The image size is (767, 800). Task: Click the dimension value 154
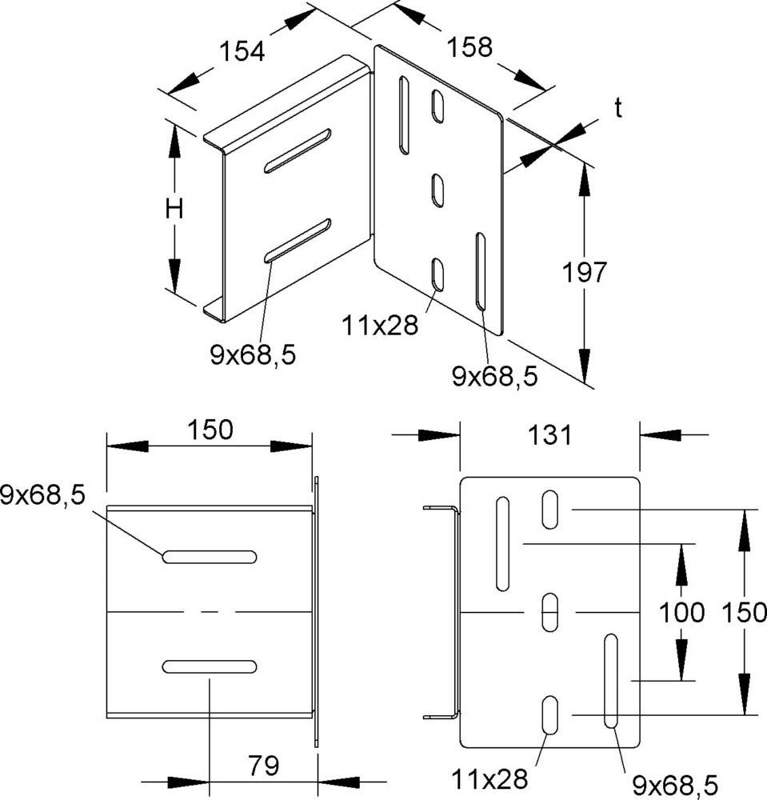point(242,51)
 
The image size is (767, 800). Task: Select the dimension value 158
point(469,47)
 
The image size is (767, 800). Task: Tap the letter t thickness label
point(618,108)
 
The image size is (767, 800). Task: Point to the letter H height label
point(174,209)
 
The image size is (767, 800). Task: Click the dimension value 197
point(585,272)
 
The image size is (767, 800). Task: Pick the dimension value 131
point(549,435)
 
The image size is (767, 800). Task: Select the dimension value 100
point(682,612)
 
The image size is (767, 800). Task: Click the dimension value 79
point(264,766)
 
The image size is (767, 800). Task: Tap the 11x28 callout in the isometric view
point(379,326)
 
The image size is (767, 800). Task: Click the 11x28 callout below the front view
point(489,779)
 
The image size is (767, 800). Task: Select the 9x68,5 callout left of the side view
point(43,495)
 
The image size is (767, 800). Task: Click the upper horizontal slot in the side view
point(210,557)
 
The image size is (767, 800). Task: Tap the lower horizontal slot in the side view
point(210,666)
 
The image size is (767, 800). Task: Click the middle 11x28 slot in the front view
point(549,612)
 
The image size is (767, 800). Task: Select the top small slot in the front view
point(549,509)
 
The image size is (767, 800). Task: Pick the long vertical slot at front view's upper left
point(502,544)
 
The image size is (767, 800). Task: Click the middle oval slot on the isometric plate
point(437,190)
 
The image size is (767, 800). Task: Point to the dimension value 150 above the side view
point(210,430)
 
